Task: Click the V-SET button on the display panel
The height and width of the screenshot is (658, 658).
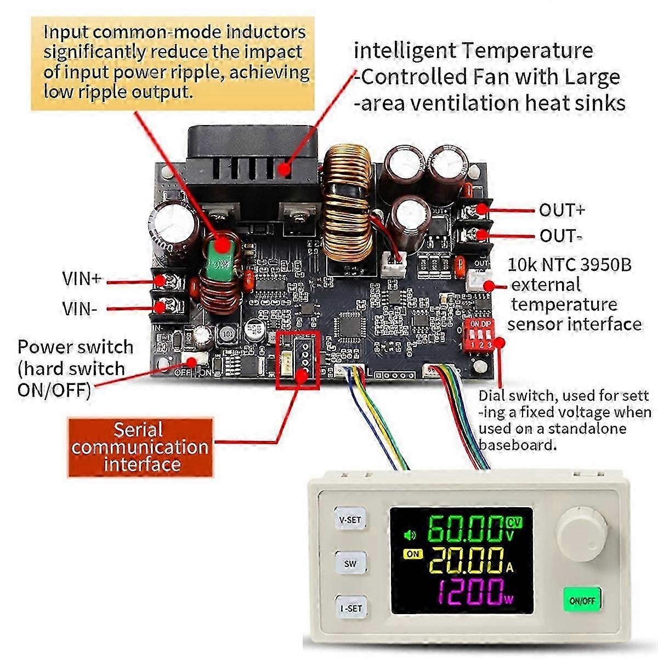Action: tap(350, 519)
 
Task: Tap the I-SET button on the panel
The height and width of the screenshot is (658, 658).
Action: tap(350, 608)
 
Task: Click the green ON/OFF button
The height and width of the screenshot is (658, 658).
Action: tap(582, 601)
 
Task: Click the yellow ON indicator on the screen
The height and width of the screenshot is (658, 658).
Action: tap(412, 554)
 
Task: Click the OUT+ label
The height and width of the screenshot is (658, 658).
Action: tap(561, 210)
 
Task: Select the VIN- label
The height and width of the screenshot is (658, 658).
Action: tap(80, 309)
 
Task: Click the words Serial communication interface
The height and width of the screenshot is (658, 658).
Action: tap(140, 446)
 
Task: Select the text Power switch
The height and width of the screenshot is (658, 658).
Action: tap(75, 347)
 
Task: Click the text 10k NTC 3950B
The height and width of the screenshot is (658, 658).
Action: tap(569, 265)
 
